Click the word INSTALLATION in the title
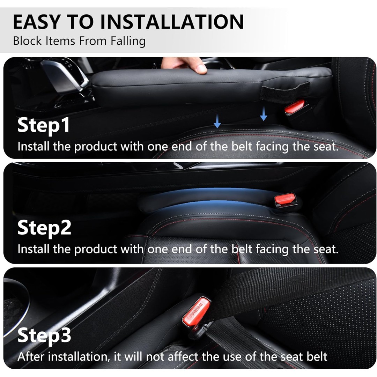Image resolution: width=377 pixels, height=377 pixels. [x=172, y=22]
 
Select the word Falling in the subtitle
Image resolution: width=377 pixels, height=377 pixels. [x=128, y=41]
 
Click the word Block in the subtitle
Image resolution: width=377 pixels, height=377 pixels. [x=27, y=41]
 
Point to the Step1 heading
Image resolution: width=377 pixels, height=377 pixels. [x=44, y=126]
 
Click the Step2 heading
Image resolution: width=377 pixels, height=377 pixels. [x=44, y=228]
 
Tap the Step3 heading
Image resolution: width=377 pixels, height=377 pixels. [x=44, y=335]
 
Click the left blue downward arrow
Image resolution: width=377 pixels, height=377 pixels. [x=217, y=121]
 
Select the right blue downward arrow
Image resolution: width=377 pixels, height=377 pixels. [x=264, y=114]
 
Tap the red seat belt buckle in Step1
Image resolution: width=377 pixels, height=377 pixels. [x=294, y=106]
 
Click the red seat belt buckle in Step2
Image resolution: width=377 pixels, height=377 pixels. [x=285, y=200]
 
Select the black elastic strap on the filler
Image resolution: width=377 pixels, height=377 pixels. [x=285, y=91]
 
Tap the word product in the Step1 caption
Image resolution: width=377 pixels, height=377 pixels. [x=96, y=147]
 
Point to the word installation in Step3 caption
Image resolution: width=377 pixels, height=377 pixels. [x=79, y=356]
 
